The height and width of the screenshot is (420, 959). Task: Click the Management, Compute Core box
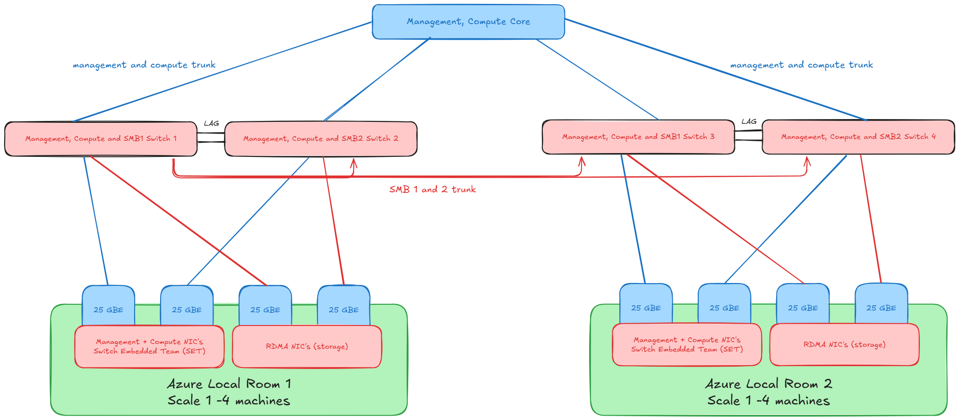coord(468,22)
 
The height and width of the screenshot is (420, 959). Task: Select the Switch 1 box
coord(101,138)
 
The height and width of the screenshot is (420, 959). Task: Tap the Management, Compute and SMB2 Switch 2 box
coord(321,138)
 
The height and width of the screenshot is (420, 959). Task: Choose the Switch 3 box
coord(638,137)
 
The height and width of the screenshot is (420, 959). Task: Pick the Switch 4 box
coord(858,137)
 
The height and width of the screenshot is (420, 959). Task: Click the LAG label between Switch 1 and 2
coord(211,123)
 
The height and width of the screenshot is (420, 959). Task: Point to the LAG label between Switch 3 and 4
coord(749,121)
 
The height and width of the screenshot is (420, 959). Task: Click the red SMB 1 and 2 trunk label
coord(432,189)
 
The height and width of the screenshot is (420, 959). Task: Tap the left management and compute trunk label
coord(144,65)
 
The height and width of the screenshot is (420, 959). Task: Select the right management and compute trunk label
coord(801,65)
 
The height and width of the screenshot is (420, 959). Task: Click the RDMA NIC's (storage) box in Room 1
coord(307,346)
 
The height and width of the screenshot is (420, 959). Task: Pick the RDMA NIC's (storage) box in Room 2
coord(844,344)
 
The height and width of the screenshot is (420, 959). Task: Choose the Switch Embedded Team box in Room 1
coord(149,346)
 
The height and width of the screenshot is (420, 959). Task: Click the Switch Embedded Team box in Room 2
coord(687,344)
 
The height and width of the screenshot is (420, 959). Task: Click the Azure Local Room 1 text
coord(229,384)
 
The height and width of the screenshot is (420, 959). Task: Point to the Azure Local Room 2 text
coord(769,384)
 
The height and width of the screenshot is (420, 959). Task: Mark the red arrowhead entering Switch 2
coord(353,163)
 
